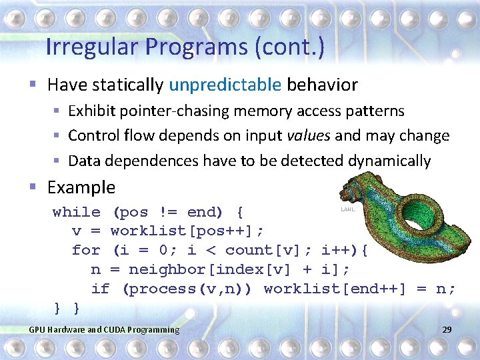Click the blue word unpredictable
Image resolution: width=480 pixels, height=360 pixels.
(225, 85)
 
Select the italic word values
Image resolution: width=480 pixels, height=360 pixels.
(308, 136)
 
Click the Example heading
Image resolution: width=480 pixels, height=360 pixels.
(81, 187)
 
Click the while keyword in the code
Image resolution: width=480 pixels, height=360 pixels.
(77, 213)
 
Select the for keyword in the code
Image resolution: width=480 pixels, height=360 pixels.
(86, 251)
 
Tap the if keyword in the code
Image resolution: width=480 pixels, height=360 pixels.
(100, 289)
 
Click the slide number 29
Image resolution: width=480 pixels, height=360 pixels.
(447, 330)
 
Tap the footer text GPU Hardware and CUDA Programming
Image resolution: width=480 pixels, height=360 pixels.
(104, 330)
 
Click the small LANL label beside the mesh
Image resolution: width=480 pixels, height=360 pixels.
(347, 209)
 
